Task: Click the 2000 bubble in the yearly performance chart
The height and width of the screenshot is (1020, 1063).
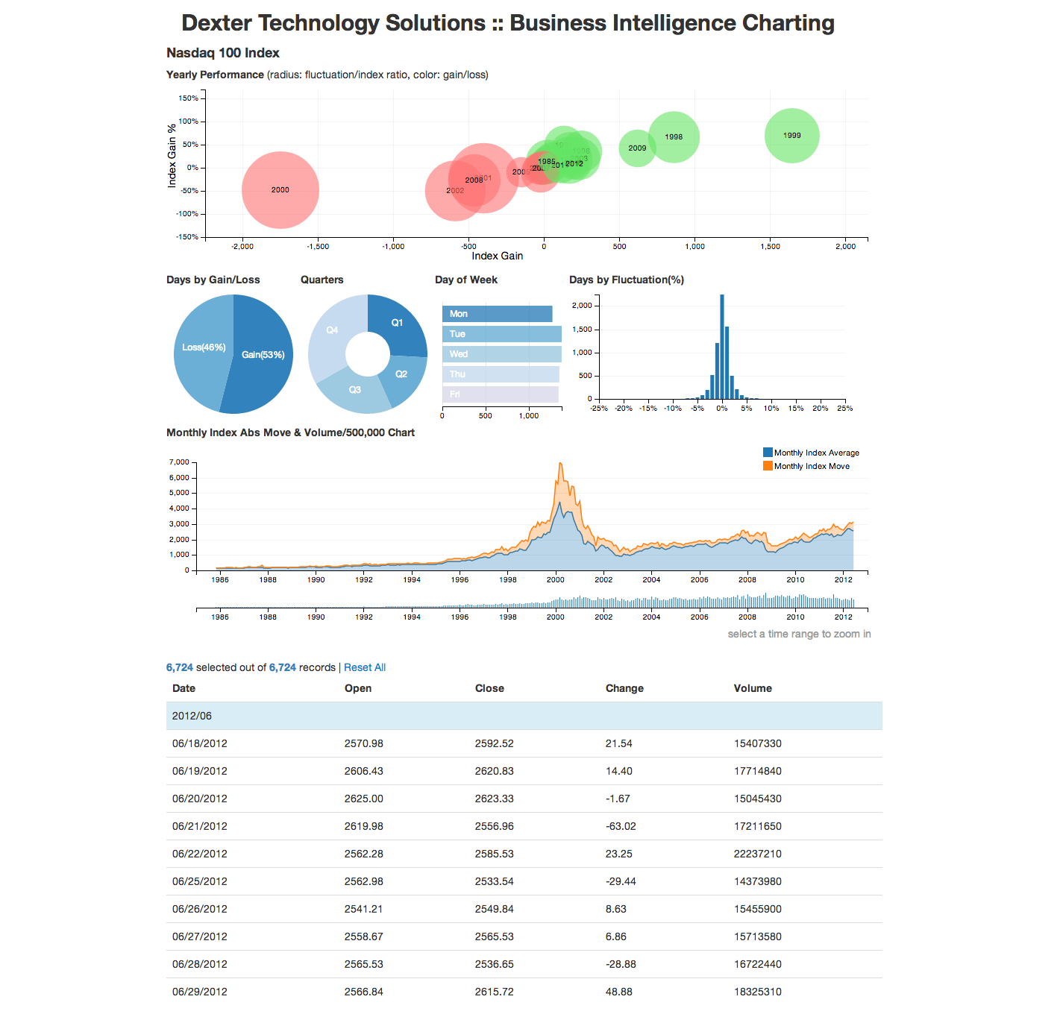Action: tap(280, 190)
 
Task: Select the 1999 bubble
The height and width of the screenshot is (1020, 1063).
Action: tap(791, 136)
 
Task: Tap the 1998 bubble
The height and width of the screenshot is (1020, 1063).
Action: tap(674, 136)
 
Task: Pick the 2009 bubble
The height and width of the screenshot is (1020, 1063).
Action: tap(637, 148)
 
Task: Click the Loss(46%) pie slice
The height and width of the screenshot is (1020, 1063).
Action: tap(203, 347)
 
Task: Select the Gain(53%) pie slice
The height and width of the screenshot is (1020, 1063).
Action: tap(263, 355)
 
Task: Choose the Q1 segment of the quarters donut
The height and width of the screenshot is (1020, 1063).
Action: tap(397, 323)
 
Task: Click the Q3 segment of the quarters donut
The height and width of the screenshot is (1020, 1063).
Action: tap(355, 390)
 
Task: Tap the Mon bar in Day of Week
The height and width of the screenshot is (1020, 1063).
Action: tap(497, 314)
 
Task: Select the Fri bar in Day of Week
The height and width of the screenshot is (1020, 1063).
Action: tap(500, 394)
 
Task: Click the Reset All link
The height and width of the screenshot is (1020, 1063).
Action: tap(365, 667)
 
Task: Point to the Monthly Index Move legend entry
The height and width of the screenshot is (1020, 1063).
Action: tap(812, 466)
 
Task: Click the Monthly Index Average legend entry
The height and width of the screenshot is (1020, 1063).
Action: tap(816, 453)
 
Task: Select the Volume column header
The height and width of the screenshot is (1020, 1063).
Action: tap(753, 688)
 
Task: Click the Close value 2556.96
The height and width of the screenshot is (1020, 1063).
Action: tap(494, 826)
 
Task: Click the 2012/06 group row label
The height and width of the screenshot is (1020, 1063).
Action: tap(192, 716)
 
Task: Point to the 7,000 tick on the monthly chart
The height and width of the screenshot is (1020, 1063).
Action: tap(179, 462)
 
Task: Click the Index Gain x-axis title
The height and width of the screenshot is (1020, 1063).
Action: tap(497, 256)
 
